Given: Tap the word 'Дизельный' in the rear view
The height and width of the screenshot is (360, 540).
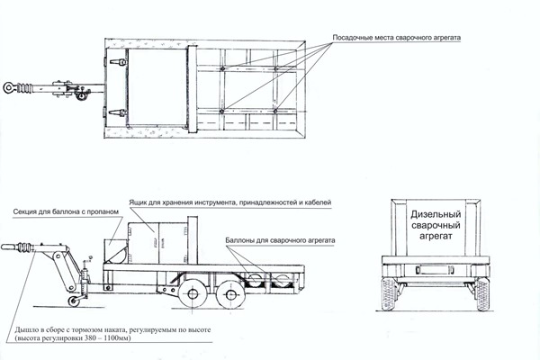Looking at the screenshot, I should pyautogui.click(x=435, y=215).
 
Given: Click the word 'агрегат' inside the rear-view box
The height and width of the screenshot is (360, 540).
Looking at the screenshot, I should pyautogui.click(x=435, y=241).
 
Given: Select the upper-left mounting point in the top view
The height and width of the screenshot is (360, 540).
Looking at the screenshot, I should pyautogui.click(x=221, y=65).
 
